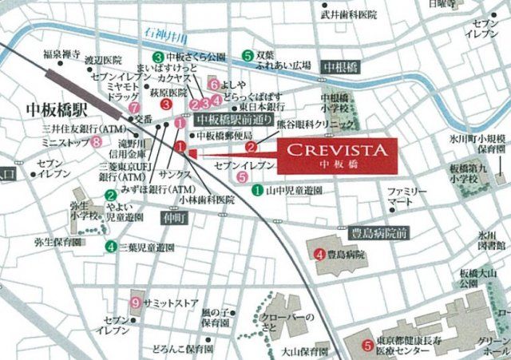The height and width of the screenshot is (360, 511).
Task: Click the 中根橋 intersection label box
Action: tap(340, 68)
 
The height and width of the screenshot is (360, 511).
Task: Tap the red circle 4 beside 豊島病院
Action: tap(319, 255)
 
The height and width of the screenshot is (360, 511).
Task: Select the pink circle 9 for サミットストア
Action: tap(137, 303)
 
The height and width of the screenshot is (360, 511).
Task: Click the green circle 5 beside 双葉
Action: tap(248, 55)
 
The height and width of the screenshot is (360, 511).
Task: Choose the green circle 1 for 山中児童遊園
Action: tap(258, 191)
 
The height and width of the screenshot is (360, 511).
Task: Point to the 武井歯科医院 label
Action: tap(347, 14)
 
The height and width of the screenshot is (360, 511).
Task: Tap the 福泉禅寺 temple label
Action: tap(62, 55)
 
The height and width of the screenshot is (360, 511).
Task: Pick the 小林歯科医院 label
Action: tap(207, 200)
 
